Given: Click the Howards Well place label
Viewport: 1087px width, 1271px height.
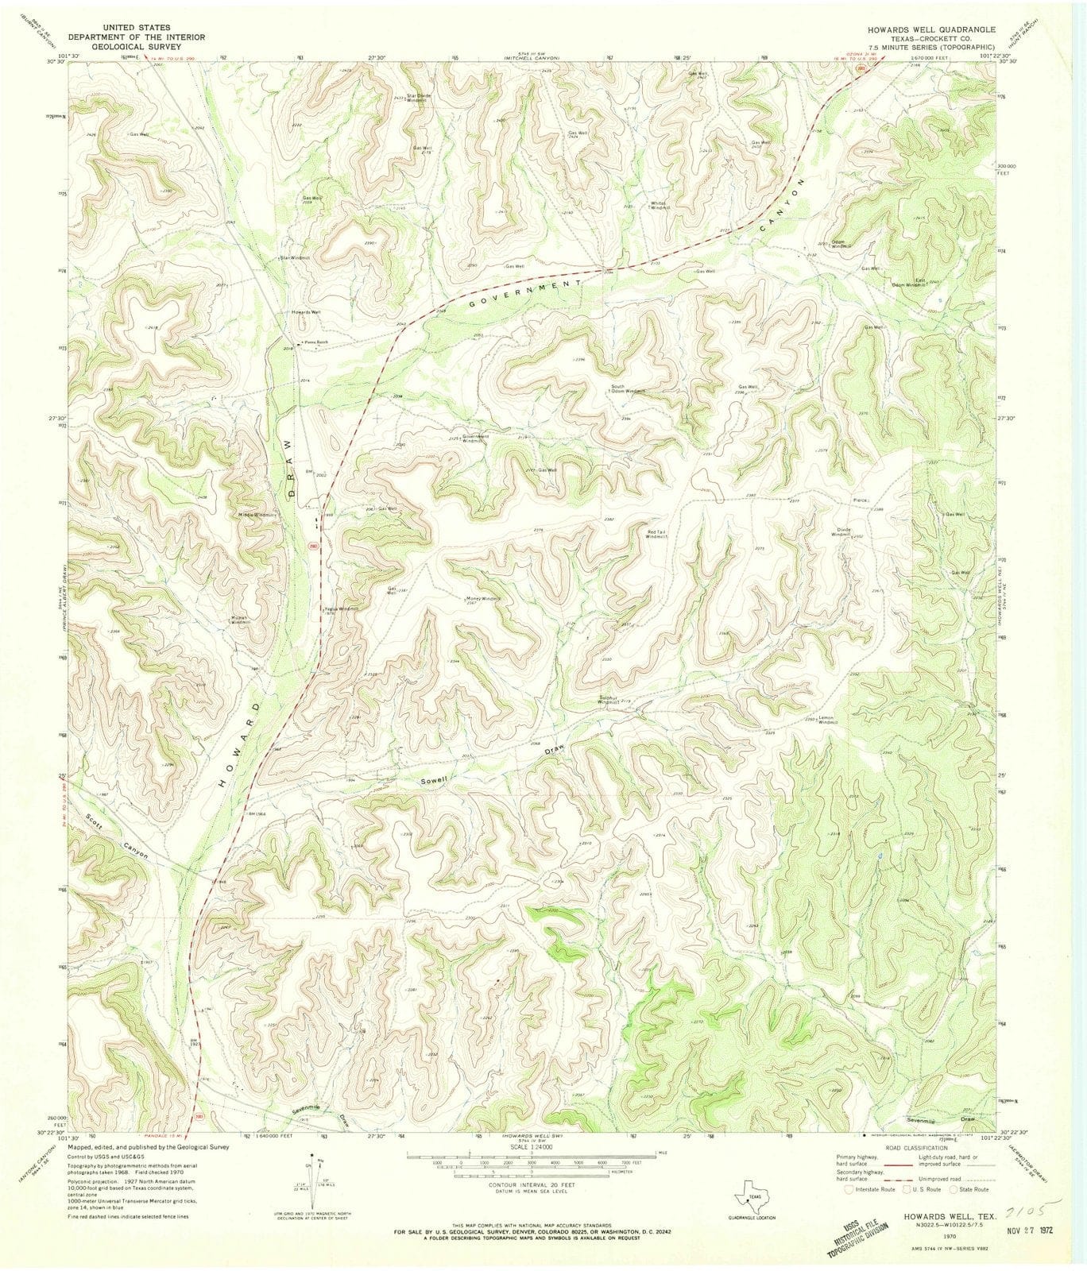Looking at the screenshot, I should (x=306, y=312).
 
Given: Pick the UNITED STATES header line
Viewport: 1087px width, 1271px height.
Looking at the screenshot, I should (x=137, y=27).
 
